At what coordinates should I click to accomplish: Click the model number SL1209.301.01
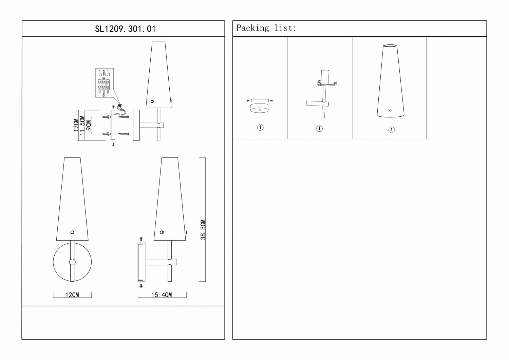tap(125, 29)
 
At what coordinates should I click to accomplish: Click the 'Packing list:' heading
tap(266, 28)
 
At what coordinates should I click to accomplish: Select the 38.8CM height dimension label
tap(203, 230)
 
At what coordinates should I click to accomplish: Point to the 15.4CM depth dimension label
tap(162, 295)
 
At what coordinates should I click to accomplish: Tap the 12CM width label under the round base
tap(72, 295)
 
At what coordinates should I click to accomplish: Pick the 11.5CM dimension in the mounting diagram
tap(82, 126)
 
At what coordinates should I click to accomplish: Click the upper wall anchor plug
tap(106, 117)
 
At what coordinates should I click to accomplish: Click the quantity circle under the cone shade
tap(392, 130)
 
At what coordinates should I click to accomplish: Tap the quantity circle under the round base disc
tap(260, 128)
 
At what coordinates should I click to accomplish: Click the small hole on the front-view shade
tap(72, 232)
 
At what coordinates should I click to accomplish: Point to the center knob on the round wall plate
tap(72, 262)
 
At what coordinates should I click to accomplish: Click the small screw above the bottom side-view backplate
tap(142, 240)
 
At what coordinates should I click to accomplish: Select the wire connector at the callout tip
tap(120, 106)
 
